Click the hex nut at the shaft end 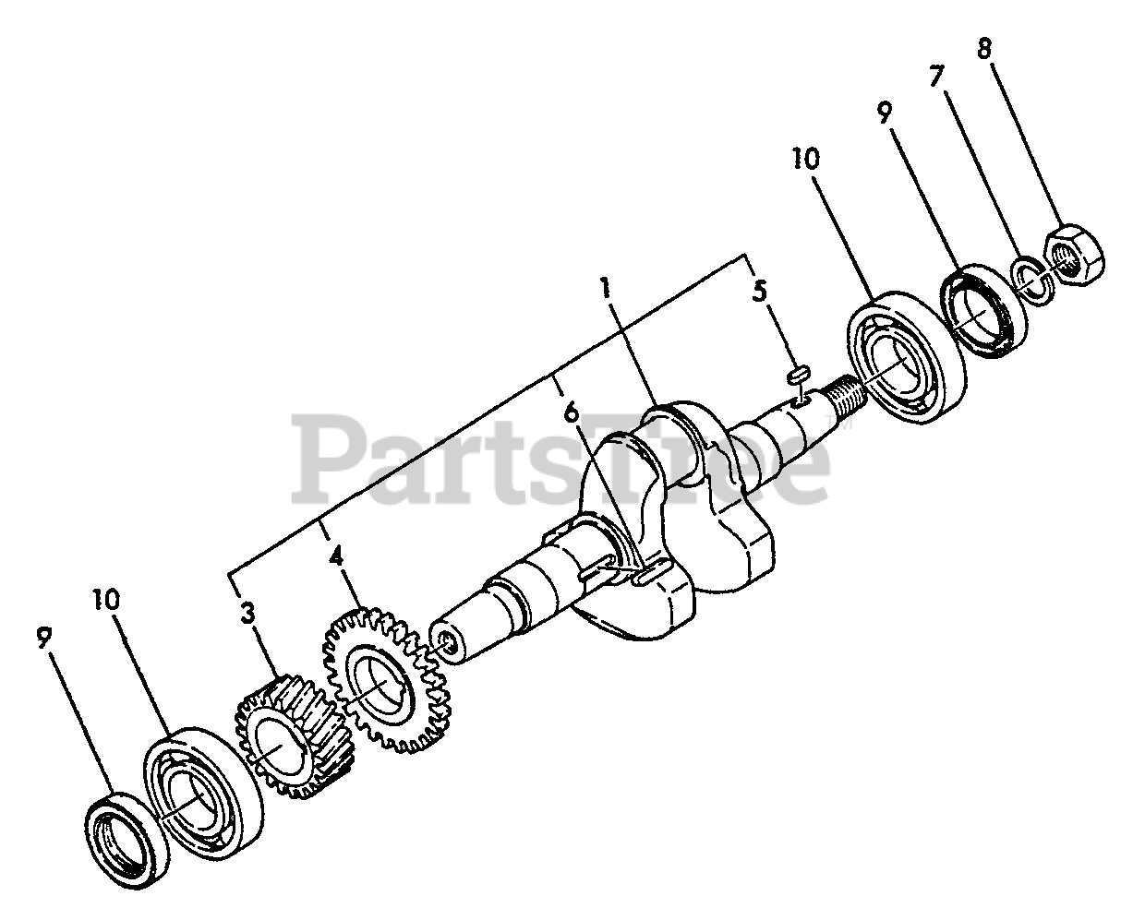1072,256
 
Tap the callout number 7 936,77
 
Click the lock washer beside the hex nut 1032,281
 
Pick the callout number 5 759,292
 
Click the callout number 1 606,288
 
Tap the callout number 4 336,557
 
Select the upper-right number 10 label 804,159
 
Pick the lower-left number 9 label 43,636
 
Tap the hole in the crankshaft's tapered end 447,642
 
